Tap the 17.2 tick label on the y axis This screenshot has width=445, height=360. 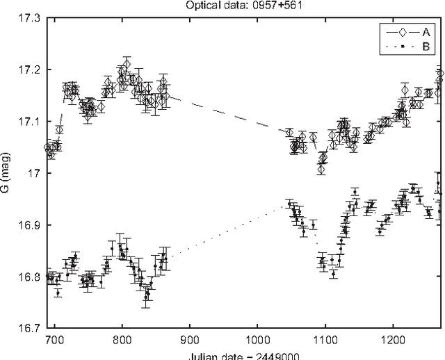29,69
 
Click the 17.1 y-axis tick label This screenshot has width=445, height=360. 29,122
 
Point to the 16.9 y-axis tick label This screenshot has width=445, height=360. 29,225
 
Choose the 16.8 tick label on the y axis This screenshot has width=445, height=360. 29,277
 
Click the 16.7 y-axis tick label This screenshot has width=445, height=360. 29,328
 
